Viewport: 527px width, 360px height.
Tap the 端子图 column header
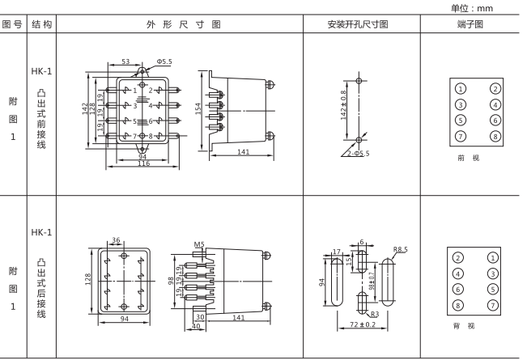pos(471,24)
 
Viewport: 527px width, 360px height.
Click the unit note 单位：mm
pos(496,7)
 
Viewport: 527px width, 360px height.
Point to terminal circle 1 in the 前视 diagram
pos(460,88)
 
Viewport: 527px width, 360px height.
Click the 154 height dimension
pos(197,109)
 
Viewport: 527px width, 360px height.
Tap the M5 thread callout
pos(199,244)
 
